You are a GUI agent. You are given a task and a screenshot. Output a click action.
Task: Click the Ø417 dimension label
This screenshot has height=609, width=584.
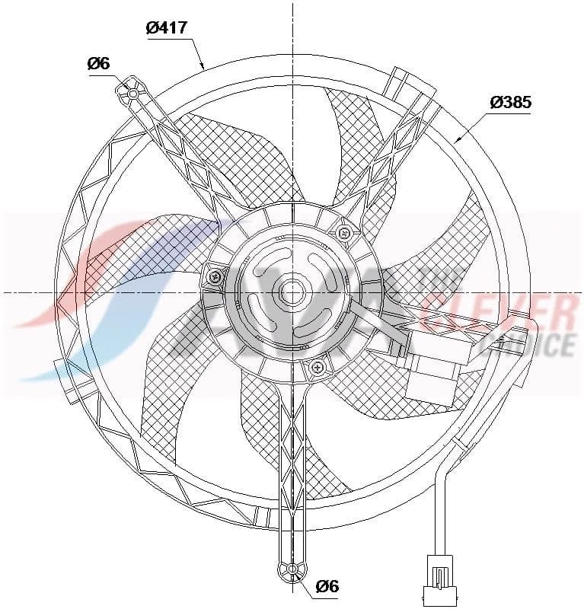(x=166, y=29)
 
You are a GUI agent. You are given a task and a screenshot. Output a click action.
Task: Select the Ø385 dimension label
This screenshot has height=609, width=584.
(x=510, y=102)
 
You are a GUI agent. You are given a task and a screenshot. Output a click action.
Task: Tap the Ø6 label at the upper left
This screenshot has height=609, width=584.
(x=99, y=64)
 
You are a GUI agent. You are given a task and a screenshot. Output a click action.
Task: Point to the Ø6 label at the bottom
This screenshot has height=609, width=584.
(x=327, y=586)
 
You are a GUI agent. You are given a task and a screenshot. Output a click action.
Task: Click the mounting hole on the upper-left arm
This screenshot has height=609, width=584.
(x=132, y=94)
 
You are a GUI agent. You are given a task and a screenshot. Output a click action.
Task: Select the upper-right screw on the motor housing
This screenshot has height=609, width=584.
(x=343, y=231)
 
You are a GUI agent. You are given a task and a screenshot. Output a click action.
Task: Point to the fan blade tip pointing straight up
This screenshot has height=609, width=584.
(x=343, y=107)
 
